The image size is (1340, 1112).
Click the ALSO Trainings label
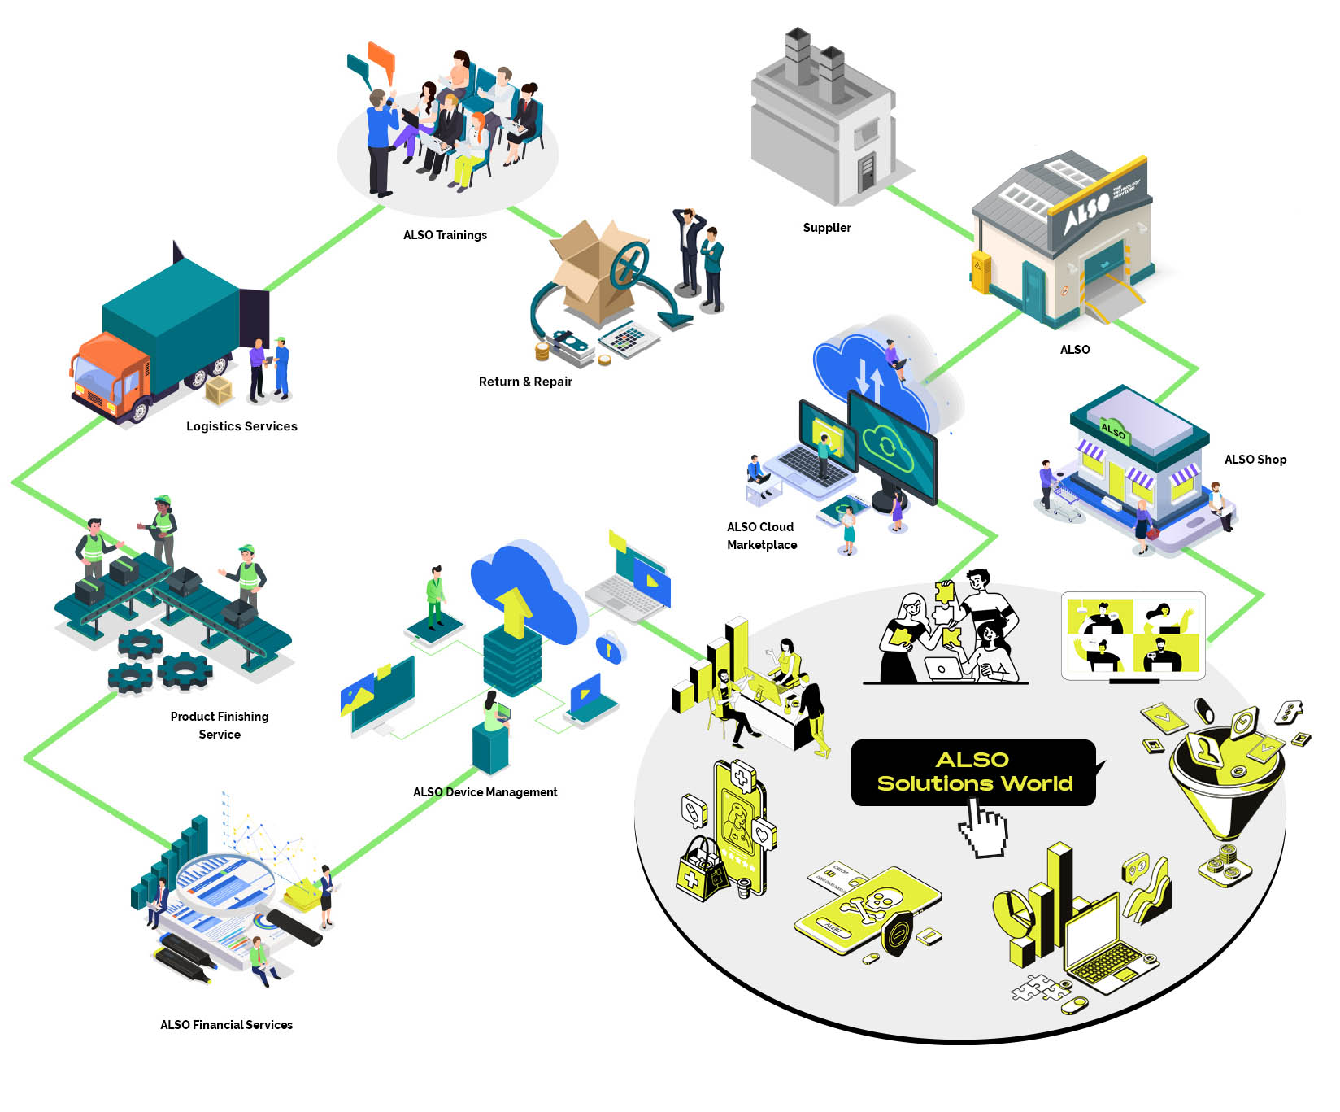445,235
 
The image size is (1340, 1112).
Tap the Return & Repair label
525,382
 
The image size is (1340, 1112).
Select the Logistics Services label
241,426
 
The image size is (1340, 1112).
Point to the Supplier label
827,228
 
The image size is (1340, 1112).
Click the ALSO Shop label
1255,460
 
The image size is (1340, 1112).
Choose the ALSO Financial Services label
226,1025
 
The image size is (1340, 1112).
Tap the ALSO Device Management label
485,792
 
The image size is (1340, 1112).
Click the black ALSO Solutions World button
973,772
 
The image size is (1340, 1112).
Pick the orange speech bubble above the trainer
381,59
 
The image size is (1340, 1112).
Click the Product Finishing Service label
220,725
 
